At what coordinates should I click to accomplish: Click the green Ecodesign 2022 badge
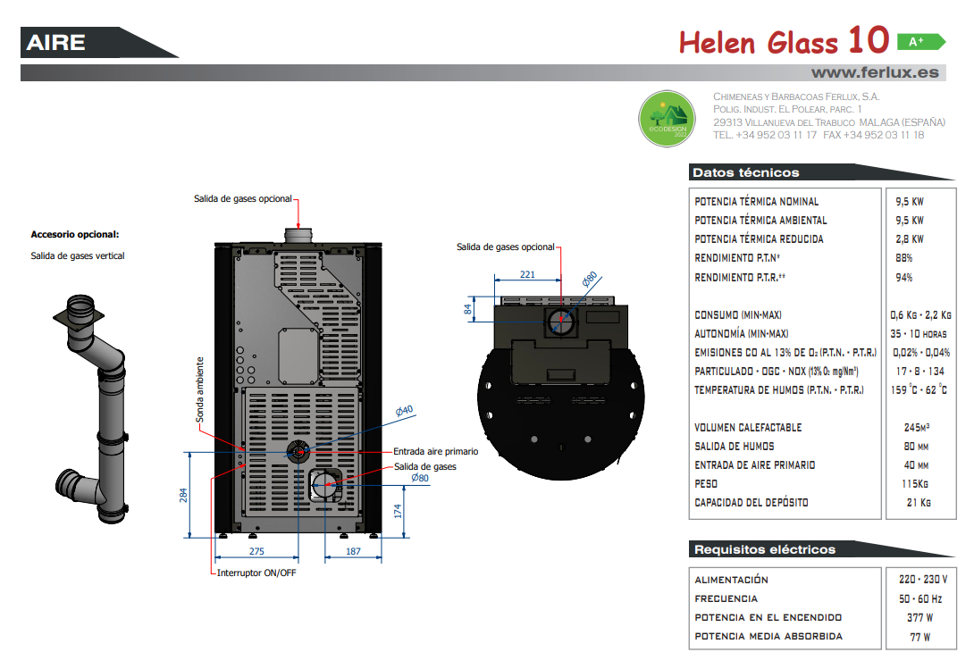pyautogui.click(x=668, y=119)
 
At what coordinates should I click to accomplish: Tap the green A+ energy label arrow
pyautogui.click(x=921, y=42)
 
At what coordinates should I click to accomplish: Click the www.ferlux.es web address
pyautogui.click(x=875, y=72)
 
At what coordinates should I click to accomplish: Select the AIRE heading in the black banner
pyautogui.click(x=56, y=42)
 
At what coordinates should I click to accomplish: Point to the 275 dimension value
pyautogui.click(x=256, y=551)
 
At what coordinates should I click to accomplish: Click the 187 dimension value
pyautogui.click(x=353, y=551)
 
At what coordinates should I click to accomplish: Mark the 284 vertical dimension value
pyautogui.click(x=183, y=495)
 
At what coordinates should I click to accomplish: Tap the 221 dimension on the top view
pyautogui.click(x=527, y=274)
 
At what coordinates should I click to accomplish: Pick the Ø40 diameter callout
pyautogui.click(x=405, y=411)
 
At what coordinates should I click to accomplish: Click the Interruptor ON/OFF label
pyautogui.click(x=256, y=573)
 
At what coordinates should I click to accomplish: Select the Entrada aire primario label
pyautogui.click(x=435, y=452)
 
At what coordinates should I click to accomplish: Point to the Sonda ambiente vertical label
pyautogui.click(x=200, y=389)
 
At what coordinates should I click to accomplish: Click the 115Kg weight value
pyautogui.click(x=914, y=483)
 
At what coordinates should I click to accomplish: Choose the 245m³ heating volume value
pyautogui.click(x=916, y=427)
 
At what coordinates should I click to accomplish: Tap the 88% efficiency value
pyautogui.click(x=903, y=258)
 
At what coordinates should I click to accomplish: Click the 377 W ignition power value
pyautogui.click(x=919, y=617)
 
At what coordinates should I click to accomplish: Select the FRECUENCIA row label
pyautogui.click(x=726, y=598)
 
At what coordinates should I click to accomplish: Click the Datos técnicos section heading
pyautogui.click(x=746, y=172)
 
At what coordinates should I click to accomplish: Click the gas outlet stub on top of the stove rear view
pyautogui.click(x=298, y=236)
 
